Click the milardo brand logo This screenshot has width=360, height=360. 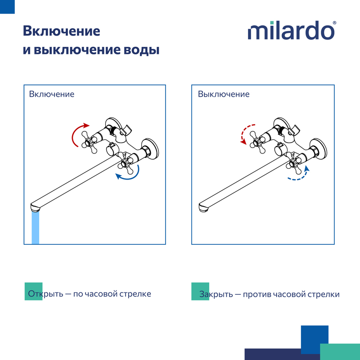pos(291,30)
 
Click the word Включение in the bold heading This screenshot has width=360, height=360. pos(62,31)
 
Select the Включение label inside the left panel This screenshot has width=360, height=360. pos(52,94)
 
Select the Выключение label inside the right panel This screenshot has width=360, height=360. pos(224,94)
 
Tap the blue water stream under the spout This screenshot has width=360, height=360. pos(36,228)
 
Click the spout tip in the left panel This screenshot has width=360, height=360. pos(35,208)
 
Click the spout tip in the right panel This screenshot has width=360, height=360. pos(203,208)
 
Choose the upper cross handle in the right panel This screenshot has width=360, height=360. pos(258,142)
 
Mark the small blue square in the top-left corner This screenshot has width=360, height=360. pos(7,7)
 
